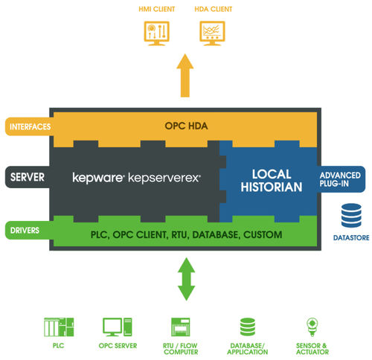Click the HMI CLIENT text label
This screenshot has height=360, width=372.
coord(157,10)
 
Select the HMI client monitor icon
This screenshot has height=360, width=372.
coord(157,32)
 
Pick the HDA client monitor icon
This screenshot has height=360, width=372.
coord(212,32)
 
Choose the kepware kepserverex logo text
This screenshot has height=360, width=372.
coord(136,179)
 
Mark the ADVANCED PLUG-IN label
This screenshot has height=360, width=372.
coord(341,179)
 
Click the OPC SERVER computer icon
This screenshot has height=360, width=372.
coord(118,327)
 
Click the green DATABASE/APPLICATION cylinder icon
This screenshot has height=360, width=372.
coord(248,327)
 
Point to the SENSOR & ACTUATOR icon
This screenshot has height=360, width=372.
coord(312,327)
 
